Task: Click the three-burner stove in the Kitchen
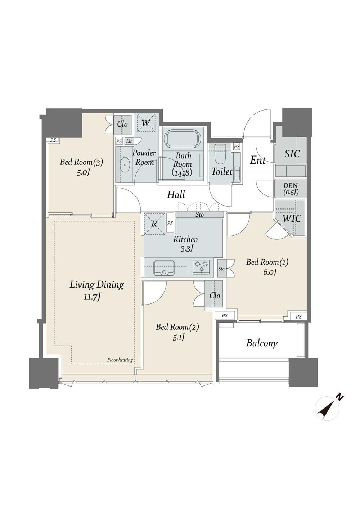[202, 266]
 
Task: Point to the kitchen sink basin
[164, 268]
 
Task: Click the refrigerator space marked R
[154, 224]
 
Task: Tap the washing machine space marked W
[146, 123]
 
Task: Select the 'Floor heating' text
[120, 360]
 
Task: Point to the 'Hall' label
[176, 195]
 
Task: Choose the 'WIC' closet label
[291, 218]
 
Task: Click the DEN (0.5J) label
[291, 189]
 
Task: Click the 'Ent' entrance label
[258, 161]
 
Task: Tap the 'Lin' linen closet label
[130, 141]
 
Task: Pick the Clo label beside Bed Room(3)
[122, 124]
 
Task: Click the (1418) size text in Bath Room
[181, 173]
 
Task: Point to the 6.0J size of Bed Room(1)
[267, 272]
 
